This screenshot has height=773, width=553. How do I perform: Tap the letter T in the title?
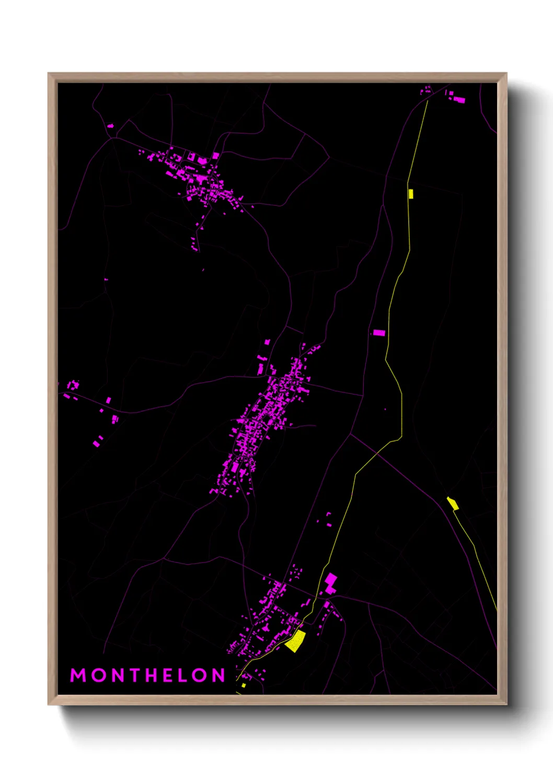(135, 675)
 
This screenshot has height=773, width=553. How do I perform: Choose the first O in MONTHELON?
(97, 675)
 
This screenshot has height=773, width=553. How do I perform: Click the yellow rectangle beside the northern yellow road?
(411, 194)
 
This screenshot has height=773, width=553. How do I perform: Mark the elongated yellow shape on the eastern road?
(453, 503)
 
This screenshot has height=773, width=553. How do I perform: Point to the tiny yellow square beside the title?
(244, 685)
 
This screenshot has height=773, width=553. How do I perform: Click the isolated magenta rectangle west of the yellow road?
(379, 333)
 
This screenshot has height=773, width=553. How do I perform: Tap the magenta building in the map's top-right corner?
(459, 99)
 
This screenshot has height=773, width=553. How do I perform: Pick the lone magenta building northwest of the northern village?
(110, 126)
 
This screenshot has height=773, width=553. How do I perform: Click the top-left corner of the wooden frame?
(49, 74)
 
